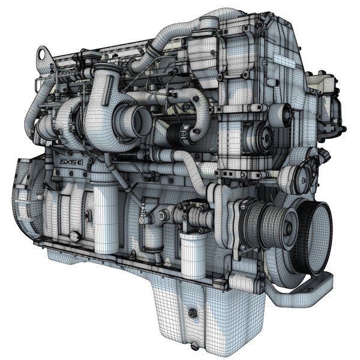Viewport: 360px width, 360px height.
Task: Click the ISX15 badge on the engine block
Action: tap(72, 163)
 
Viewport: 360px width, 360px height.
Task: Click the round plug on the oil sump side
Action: tap(191, 313)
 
